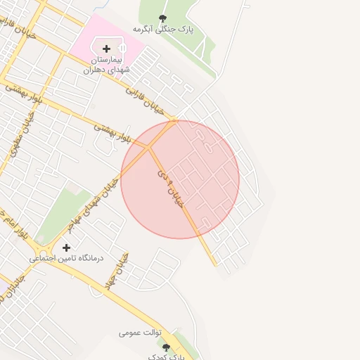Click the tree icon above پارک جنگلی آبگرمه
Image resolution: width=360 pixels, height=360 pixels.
click(x=163, y=19)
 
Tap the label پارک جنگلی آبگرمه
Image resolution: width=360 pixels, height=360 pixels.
click(x=163, y=30)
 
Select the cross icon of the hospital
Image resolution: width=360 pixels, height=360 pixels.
click(x=106, y=49)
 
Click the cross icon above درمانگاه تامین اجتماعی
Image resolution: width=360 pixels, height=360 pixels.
click(x=67, y=247)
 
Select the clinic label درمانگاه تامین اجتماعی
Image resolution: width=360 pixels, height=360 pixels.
click(x=66, y=259)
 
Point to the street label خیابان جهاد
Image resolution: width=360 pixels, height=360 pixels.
click(x=122, y=269)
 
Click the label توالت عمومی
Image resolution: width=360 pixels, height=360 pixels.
click(x=141, y=332)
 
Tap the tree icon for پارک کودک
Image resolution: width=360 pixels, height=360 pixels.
click(x=166, y=347)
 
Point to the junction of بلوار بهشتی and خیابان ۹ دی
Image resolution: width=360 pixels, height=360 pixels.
click(x=149, y=147)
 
